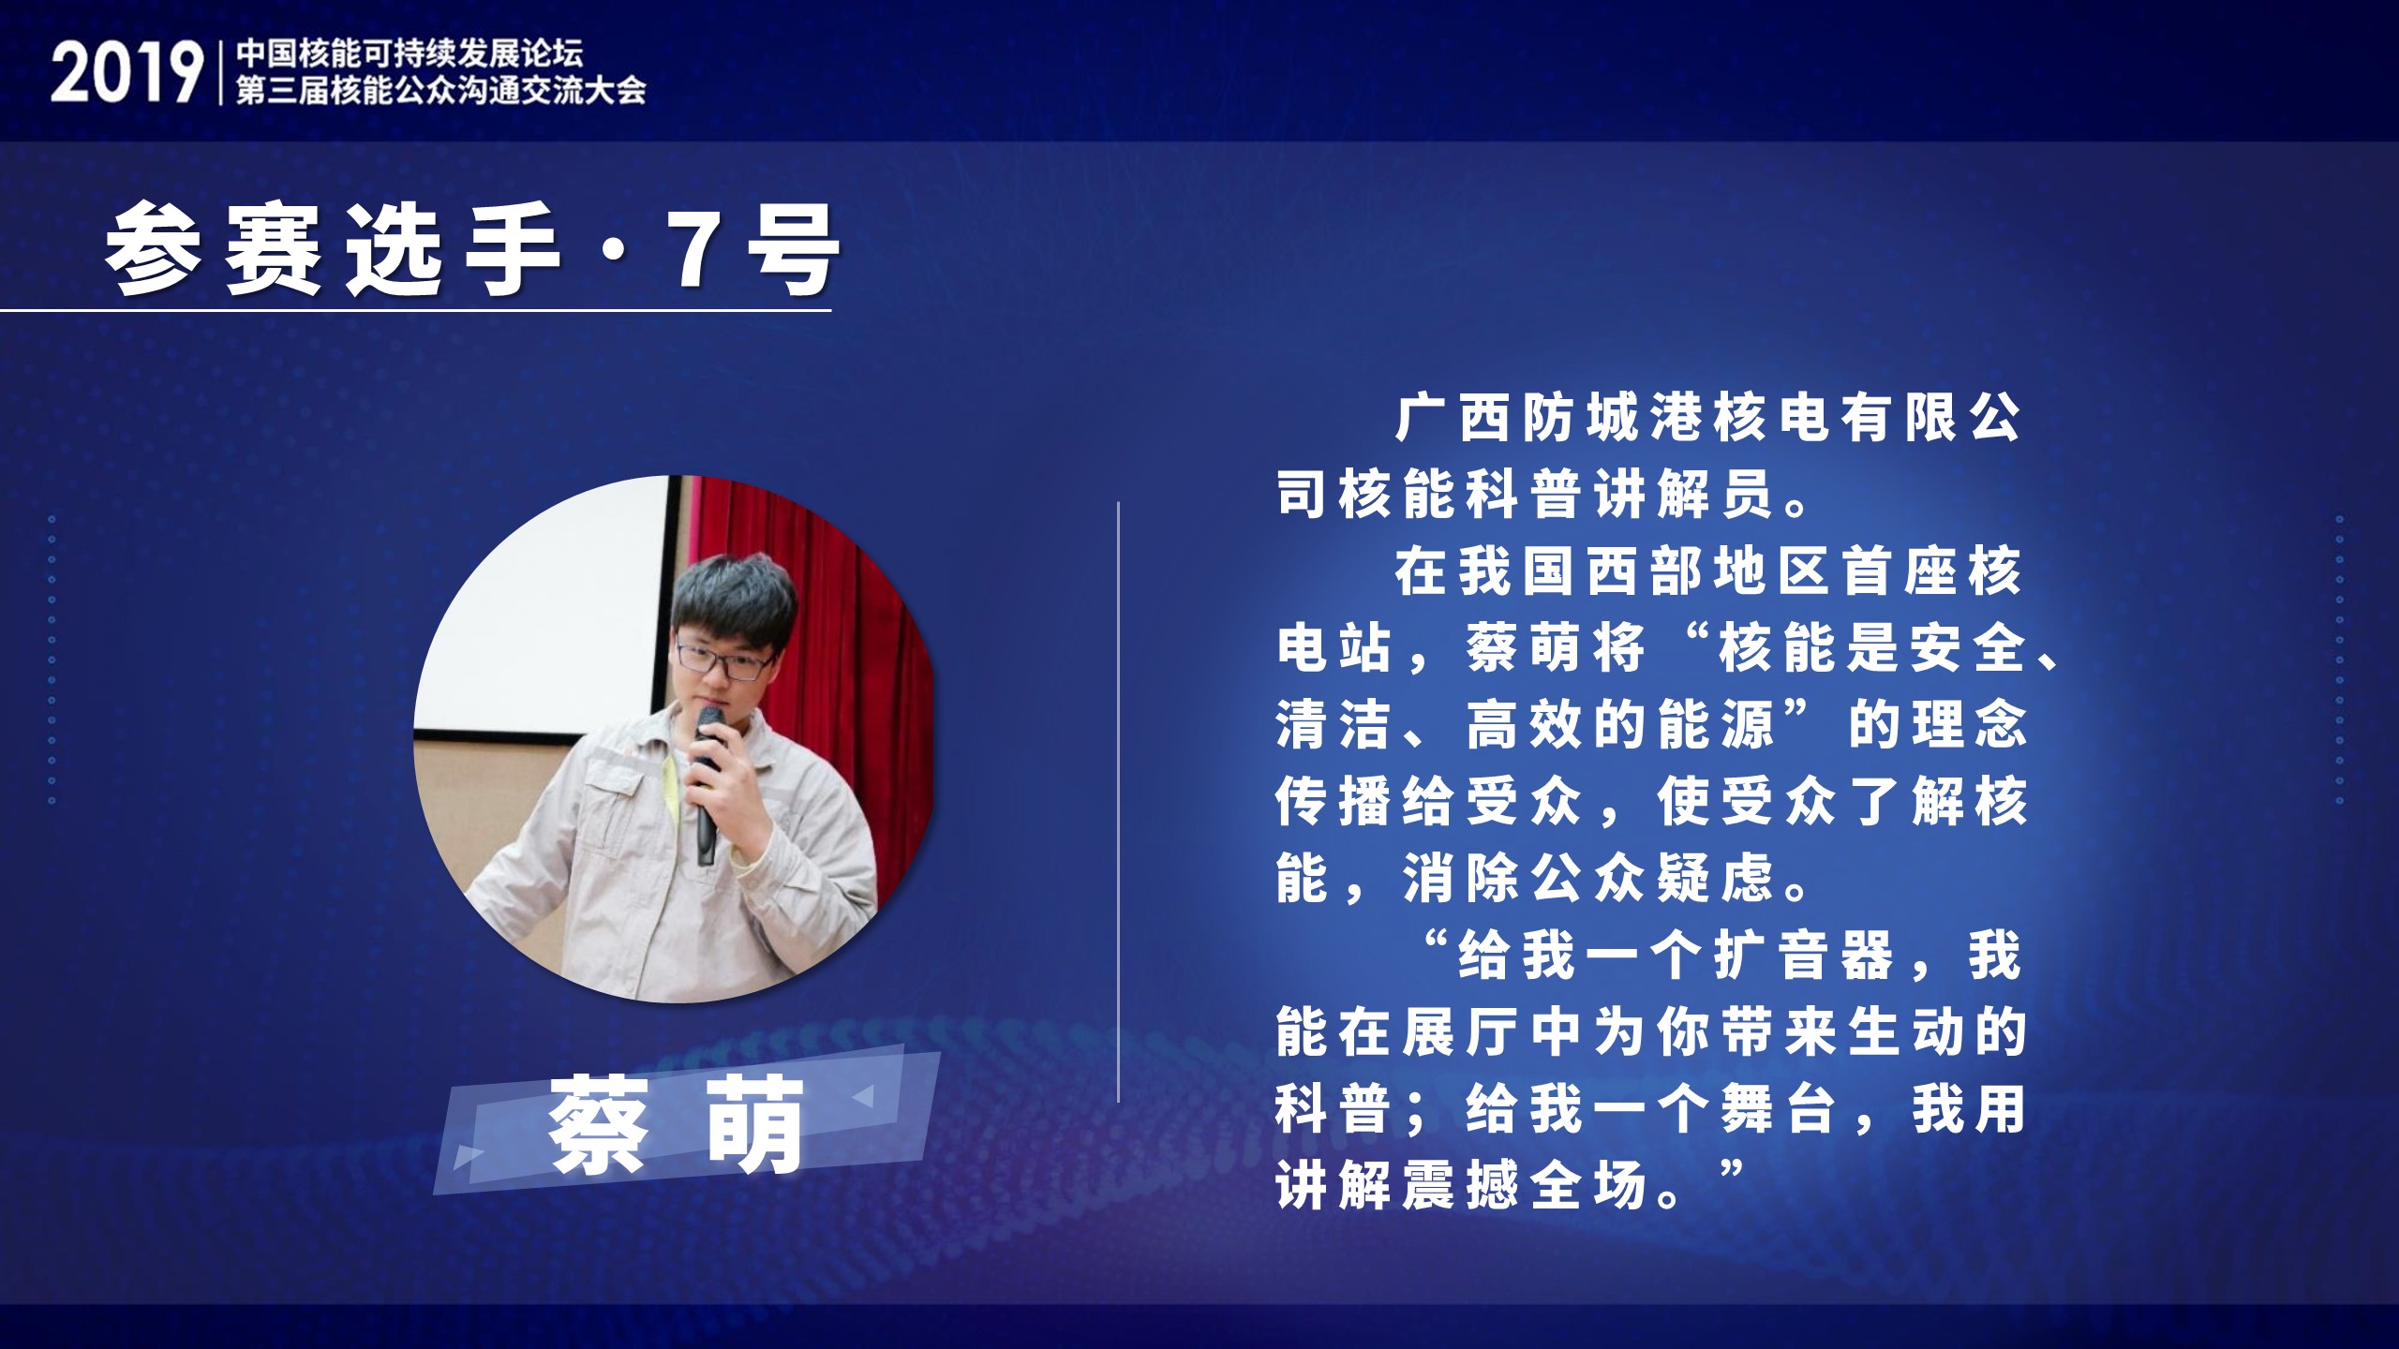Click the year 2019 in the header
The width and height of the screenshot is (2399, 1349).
(127, 72)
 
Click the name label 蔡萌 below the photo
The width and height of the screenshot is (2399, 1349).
(677, 1125)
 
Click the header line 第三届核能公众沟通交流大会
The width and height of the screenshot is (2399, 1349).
(440, 91)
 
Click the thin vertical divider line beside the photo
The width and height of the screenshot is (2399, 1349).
(1119, 802)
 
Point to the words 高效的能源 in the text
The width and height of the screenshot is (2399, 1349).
(1621, 726)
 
